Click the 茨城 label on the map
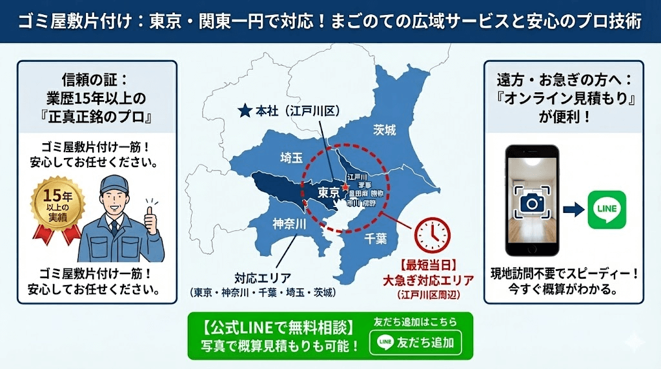coord(384,130)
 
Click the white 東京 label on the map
coord(329,192)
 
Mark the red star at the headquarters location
coord(345,186)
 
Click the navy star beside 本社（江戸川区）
coord(244,111)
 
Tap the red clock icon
coord(431,234)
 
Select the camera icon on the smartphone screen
coord(533,203)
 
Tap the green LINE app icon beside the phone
coord(606,209)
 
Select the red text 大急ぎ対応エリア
coord(428,280)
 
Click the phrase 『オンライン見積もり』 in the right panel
coord(564,101)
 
